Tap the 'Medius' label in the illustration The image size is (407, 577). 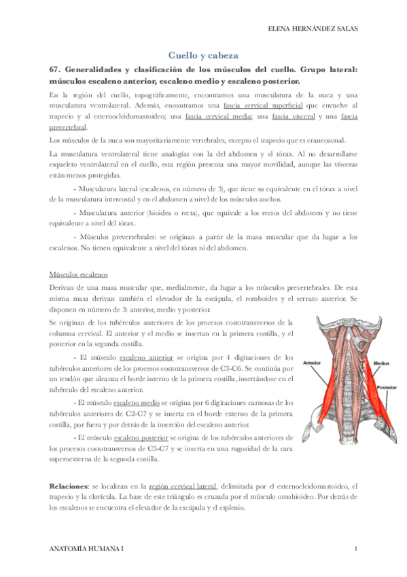pos(381,363)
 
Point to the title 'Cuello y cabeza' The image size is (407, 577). pos(203,56)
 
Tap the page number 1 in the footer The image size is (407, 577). pos(356,548)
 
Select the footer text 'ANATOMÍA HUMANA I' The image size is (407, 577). pos(87,548)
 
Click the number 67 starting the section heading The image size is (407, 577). pos(56,69)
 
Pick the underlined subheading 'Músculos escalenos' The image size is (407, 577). pos(79,275)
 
